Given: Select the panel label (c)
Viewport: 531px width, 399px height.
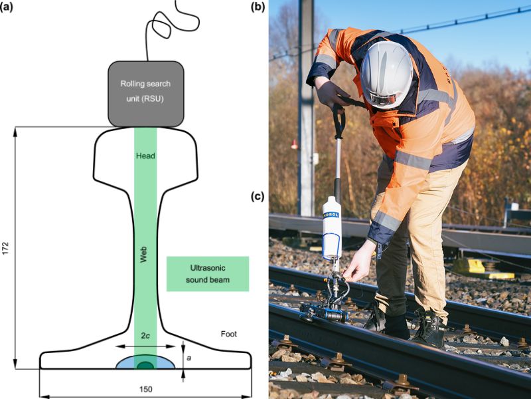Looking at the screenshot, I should click(257, 197).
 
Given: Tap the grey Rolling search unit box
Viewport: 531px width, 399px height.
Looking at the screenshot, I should click(146, 93).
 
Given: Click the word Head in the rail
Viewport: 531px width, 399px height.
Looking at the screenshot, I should click(145, 156).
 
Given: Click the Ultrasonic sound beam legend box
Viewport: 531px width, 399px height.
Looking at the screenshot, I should click(206, 273).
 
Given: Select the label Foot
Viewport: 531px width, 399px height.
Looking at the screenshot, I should click(228, 334).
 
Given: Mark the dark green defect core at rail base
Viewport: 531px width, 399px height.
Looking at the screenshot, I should click(145, 365).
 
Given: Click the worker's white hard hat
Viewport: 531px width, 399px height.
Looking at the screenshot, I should click(387, 72).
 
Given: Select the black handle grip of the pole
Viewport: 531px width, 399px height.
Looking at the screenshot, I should click(339, 120).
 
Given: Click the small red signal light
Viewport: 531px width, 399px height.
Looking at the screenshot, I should click(294, 144).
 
